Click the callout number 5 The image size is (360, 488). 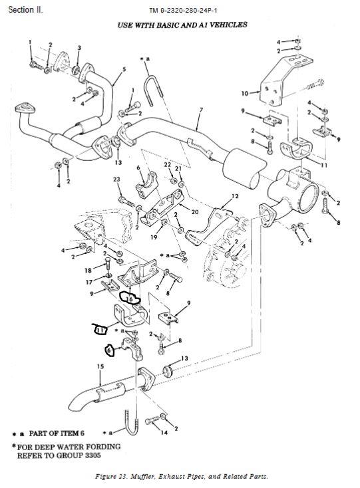pos(124,69)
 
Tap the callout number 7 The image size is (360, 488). pos(201,110)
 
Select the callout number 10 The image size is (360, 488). pos(245,93)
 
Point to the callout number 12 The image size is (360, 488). pos(235,196)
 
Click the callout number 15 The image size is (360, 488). pos(100,366)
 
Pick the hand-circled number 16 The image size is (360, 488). pos(130,299)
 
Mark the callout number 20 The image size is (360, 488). pos(195,212)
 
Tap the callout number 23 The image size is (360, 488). pos(116,180)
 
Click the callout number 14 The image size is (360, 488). pos(164,432)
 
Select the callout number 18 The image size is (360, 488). pos(88,271)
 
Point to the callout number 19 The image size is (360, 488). pos(154,237)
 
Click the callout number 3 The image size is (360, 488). pos(79,48)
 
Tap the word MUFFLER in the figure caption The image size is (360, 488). pos(143,477)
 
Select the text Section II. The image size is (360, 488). pos(25,10)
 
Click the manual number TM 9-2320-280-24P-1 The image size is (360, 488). pos(183,11)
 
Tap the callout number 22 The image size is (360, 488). pos(168,164)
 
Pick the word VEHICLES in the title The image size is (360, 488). pos(229,25)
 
